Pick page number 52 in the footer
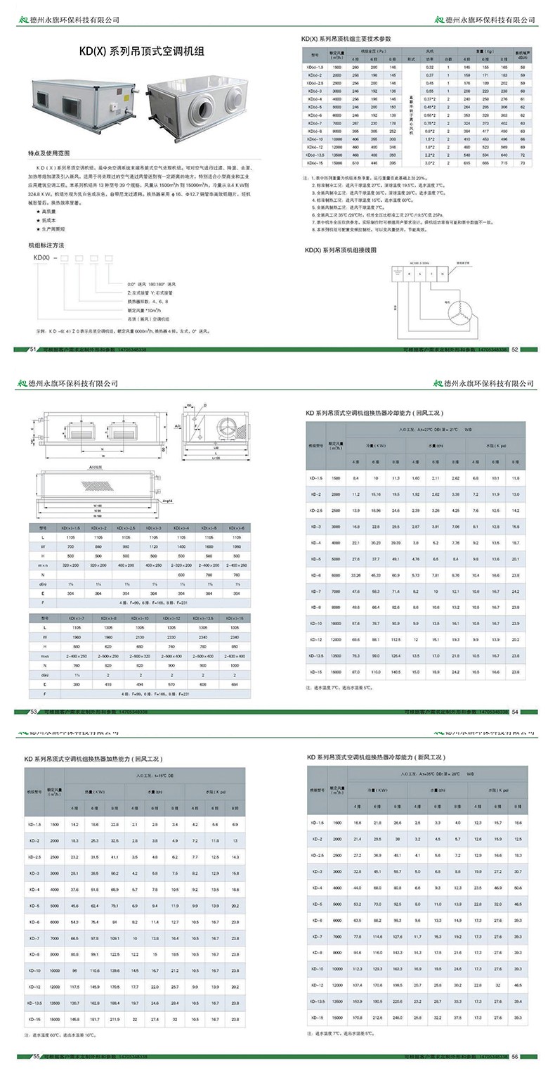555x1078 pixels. click(x=514, y=348)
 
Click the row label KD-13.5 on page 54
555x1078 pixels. click(x=315, y=655)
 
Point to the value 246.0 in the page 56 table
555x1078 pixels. click(x=398, y=1018)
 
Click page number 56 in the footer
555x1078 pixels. click(x=514, y=1057)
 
